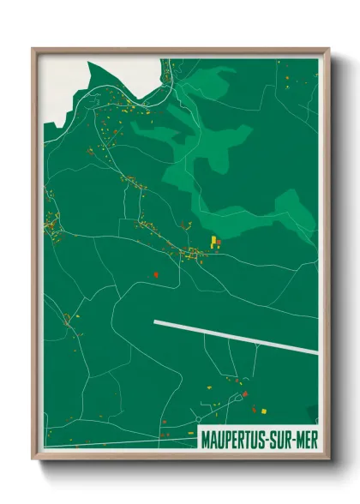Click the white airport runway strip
[236, 336]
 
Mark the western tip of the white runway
[155, 322]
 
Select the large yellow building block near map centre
[213, 242]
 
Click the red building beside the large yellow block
[219, 243]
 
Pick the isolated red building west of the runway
[155, 274]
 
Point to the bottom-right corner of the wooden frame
[328, 459]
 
